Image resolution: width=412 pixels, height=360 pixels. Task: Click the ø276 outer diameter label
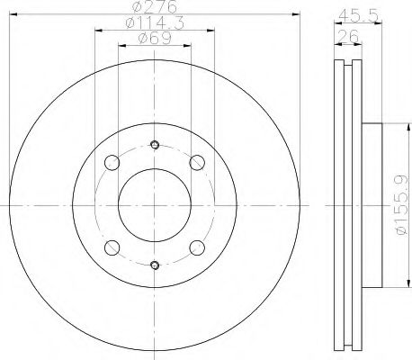155,8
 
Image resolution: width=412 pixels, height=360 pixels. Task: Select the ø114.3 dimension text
155,24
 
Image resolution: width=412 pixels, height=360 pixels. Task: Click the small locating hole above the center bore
155,147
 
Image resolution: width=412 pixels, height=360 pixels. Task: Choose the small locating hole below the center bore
155,265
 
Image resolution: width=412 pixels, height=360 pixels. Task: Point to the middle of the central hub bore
155,205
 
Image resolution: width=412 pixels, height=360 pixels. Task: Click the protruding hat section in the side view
373,205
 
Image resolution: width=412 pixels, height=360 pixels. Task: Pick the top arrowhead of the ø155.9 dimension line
395,125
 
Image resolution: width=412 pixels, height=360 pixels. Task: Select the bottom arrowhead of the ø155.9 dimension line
395,286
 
